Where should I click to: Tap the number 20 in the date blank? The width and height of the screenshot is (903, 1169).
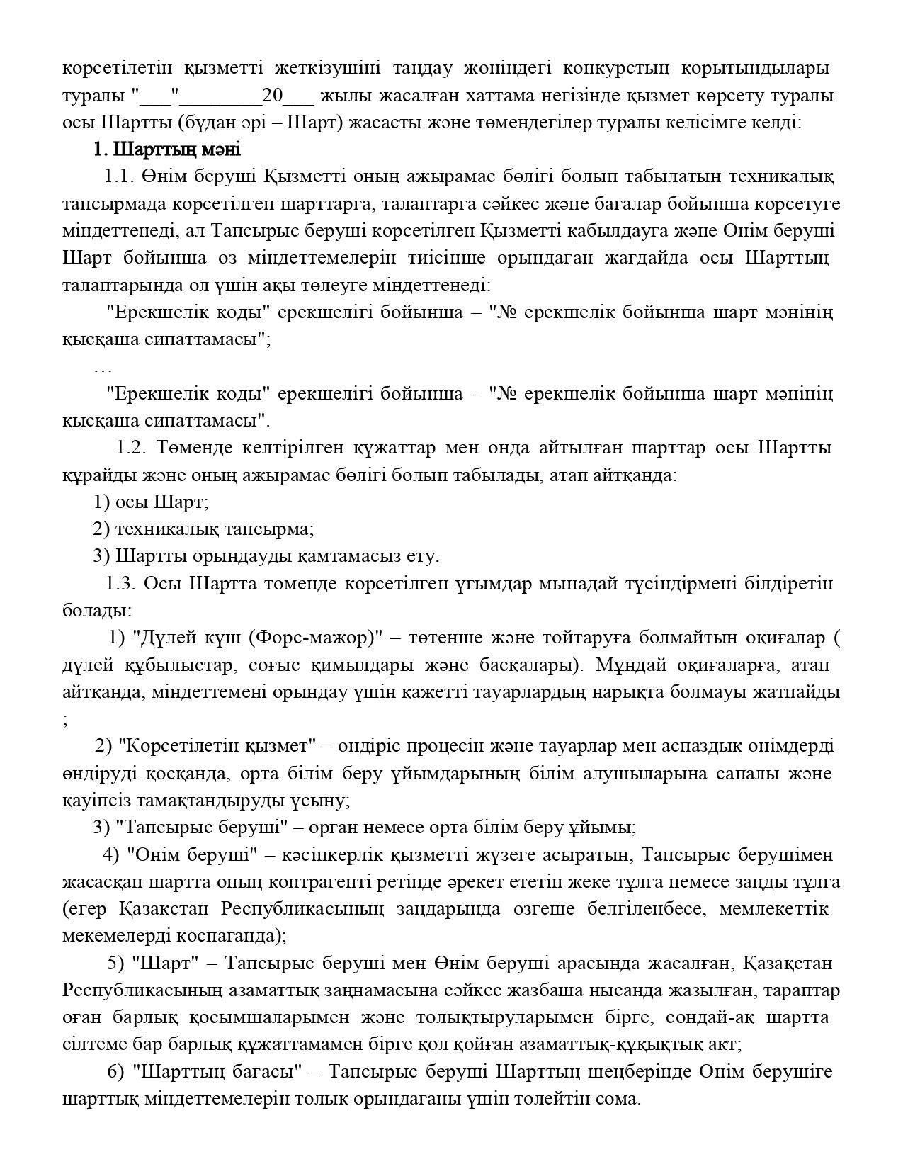(x=273, y=96)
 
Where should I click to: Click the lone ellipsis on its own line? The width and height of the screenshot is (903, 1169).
(x=103, y=368)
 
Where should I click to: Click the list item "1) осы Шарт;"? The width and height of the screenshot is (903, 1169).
(x=151, y=502)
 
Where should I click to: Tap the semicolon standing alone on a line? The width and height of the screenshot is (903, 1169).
(x=66, y=720)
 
